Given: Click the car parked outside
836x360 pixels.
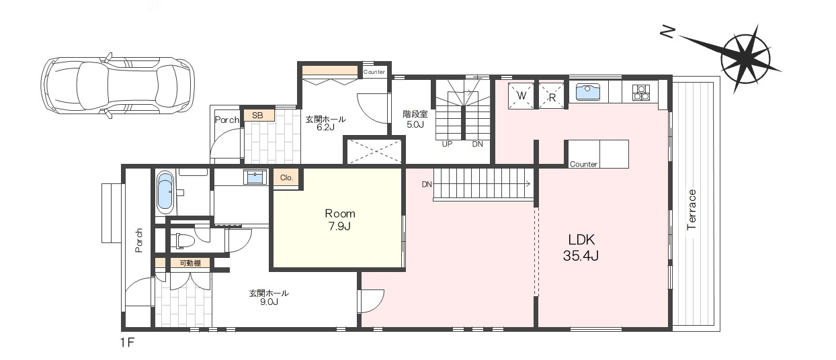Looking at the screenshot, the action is point(118,86).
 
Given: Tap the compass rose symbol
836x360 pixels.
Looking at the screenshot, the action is point(745,59).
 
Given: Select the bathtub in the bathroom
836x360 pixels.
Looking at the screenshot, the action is point(165,191).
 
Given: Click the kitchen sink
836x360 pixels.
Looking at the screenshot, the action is point(588,92).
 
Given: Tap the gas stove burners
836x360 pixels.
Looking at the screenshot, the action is point(641,93).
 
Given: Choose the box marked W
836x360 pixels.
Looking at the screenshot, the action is point(521,96).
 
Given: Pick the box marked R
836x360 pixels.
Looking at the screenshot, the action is point(552,96).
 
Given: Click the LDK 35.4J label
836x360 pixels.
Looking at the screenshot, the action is point(581,247).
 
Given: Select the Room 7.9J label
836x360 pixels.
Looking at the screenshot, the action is point(339,220).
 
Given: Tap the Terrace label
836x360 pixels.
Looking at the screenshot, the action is point(692,210).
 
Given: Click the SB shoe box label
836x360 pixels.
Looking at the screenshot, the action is point(257,116).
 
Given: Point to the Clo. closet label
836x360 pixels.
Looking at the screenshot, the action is point(287,178).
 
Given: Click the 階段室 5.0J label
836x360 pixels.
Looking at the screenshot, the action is point(415,119).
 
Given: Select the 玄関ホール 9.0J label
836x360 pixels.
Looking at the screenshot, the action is point(269,298).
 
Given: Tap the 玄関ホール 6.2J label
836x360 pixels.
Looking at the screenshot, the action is point(325,123).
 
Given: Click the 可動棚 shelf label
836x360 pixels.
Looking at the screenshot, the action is point(190,263).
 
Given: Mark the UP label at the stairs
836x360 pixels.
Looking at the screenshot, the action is point(447,144).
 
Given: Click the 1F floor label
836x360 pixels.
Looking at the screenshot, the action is point(127,343).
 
